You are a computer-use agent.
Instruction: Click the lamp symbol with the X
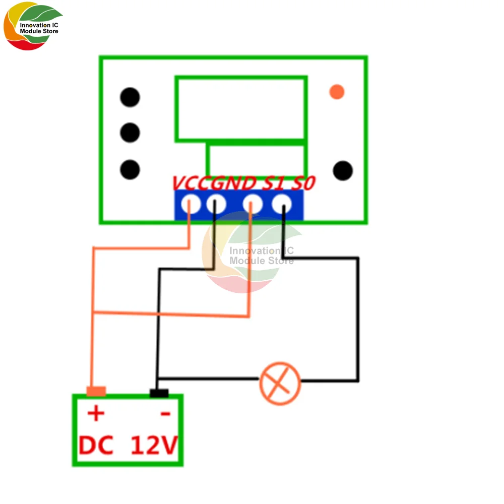(280, 383)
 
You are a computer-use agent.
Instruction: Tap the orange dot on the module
(336, 92)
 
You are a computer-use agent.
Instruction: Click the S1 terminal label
(273, 183)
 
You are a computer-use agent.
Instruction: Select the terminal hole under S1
(253, 205)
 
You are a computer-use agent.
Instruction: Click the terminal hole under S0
(282, 205)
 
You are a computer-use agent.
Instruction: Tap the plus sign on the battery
(96, 414)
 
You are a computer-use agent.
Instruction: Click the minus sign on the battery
(165, 415)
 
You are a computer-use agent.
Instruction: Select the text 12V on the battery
(154, 446)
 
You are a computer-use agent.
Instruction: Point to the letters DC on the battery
(96, 446)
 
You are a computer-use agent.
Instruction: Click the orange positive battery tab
(96, 391)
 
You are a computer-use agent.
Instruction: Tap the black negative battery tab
(159, 393)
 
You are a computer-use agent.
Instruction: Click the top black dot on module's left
(130, 97)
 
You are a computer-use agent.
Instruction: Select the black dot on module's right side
(343, 170)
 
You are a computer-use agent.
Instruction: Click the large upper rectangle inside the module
(241, 108)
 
